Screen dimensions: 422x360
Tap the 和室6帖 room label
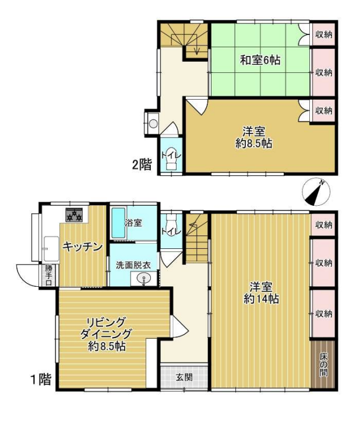tap(260, 59)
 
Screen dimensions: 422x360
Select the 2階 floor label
tap(142, 164)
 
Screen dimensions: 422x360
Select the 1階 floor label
tap(41, 380)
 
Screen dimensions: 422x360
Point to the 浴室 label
tap(133, 223)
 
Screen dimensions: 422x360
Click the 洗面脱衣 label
tap(133, 265)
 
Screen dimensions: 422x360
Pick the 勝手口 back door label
tap(48, 275)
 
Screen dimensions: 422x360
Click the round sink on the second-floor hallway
tap(153, 124)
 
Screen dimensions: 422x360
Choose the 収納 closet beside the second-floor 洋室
tap(324, 110)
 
